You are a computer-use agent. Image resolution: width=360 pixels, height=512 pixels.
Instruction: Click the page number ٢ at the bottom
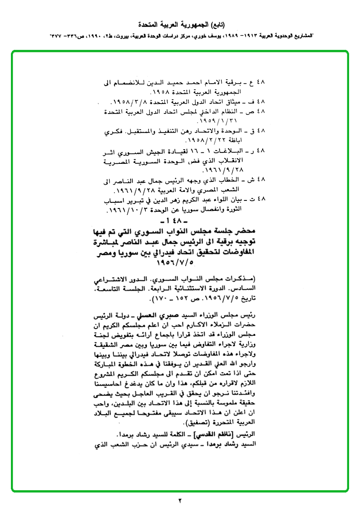180,501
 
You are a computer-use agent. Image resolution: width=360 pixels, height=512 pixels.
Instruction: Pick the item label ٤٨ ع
261,82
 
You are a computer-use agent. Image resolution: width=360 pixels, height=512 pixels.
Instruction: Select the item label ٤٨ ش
261,181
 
